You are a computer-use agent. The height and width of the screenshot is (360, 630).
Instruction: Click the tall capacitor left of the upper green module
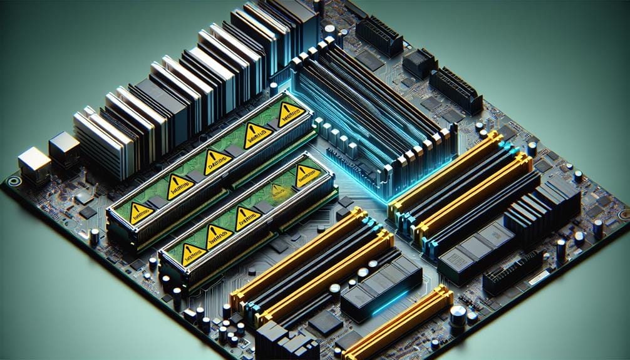tap(94, 236)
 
